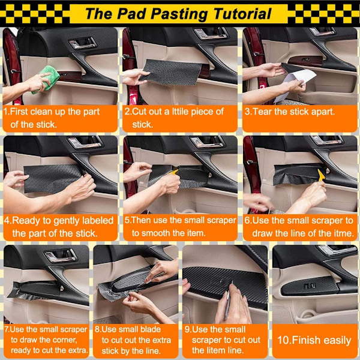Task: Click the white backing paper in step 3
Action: coord(296,84)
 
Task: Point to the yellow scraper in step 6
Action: coord(321,175)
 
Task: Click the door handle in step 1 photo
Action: coord(82,44)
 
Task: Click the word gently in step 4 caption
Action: coord(67,221)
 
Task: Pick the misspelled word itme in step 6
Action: coord(342,233)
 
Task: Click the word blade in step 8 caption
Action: coord(150,329)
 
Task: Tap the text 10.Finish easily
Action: coord(314,340)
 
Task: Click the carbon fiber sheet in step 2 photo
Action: coord(172,72)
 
